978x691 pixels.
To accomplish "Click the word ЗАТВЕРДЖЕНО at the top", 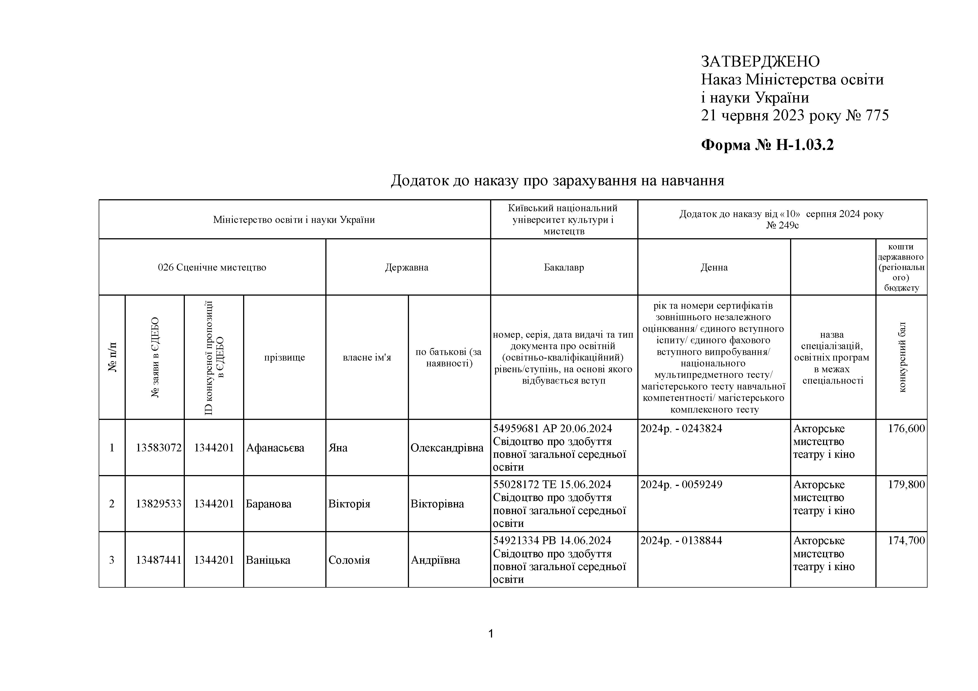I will tap(760, 62).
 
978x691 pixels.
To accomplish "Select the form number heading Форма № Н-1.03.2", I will tap(767, 145).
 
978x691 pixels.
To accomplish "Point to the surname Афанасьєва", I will tap(275, 448).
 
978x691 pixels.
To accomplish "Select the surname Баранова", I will tap(268, 504).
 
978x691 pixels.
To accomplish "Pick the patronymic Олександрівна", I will tap(447, 448).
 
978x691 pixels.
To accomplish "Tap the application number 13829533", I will tap(158, 504).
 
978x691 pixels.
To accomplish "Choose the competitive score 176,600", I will tap(906, 429).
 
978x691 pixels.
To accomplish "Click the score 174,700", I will tap(906, 541).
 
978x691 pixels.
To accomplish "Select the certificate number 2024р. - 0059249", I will tap(681, 485).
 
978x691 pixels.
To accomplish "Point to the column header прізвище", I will tap(285, 357).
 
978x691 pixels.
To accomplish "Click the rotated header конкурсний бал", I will tap(902, 357).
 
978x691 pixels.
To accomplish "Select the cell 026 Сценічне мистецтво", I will tap(212, 267).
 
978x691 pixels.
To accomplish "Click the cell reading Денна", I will tap(714, 267).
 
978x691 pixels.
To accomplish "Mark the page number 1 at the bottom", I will tap(491, 634).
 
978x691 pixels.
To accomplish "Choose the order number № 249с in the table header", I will tap(782, 225).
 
